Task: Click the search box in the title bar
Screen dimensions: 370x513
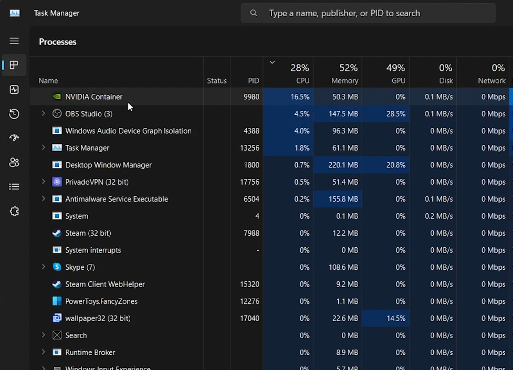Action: [x=368, y=13]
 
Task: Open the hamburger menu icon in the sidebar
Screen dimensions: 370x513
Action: [x=14, y=41]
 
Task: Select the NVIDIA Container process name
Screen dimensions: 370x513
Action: [x=93, y=97]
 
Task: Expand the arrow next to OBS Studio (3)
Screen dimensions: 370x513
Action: [x=44, y=113]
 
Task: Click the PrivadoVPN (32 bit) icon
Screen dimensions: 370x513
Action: [x=57, y=182]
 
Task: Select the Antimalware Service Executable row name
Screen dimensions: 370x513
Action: [x=117, y=199]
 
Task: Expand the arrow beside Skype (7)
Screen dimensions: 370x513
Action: [x=44, y=267]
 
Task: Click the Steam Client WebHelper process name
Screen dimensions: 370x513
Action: [x=105, y=284]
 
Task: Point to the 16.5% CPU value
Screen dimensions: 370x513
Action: [x=300, y=97]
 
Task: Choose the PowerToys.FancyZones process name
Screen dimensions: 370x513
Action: [x=101, y=301]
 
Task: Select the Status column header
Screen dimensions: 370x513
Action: [x=216, y=80]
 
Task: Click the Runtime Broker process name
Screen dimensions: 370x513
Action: [x=90, y=353]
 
